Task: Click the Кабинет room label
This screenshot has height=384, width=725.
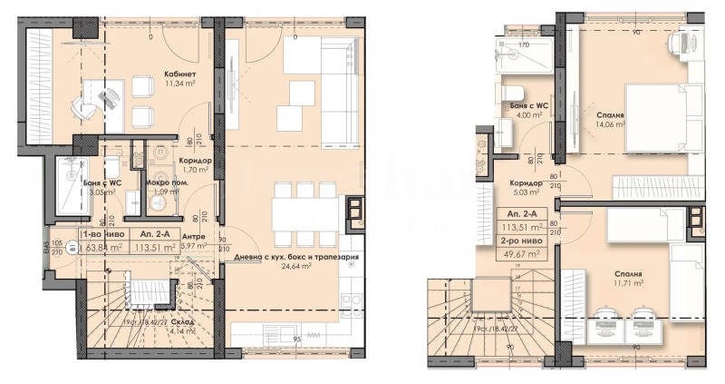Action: coord(181,74)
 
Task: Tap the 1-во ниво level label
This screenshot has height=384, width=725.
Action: coord(100,235)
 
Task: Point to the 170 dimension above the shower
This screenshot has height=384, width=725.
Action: coord(523,44)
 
